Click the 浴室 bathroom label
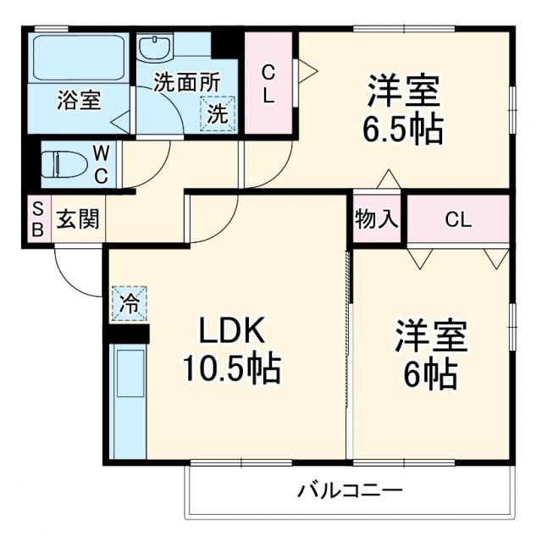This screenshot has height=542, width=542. point(79,99)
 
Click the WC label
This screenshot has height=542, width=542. point(101,164)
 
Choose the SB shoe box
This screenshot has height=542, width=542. point(37,218)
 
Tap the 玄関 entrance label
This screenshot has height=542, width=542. point(78,219)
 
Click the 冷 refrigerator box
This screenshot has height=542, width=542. point(129,303)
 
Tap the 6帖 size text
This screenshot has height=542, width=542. point(429,373)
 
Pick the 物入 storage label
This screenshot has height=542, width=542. point(376,219)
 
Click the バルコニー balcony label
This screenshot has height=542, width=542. point(349,490)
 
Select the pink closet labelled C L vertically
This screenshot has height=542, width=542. point(268,83)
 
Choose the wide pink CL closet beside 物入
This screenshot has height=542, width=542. point(459,219)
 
